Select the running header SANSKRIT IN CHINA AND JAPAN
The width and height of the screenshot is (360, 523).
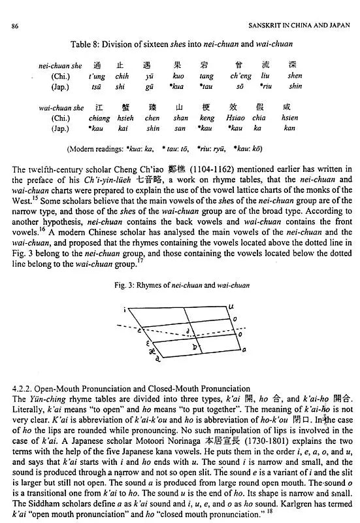click(x=297, y=25)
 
